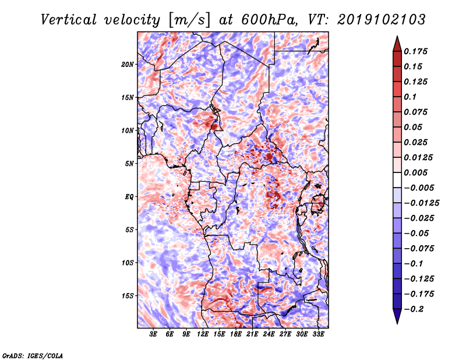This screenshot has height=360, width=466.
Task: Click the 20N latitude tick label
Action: (x=128, y=65)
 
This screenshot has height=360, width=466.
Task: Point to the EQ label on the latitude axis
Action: (x=129, y=197)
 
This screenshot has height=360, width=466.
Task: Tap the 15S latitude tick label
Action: (x=128, y=296)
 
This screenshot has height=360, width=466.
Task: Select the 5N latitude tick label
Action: (x=129, y=164)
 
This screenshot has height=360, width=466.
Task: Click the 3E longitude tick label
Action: (x=153, y=334)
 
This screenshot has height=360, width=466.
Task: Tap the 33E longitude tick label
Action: (x=318, y=334)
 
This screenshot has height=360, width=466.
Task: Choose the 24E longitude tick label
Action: (x=269, y=334)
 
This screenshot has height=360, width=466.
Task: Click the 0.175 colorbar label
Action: (x=415, y=51)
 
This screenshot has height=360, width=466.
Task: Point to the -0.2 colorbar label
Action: (x=414, y=309)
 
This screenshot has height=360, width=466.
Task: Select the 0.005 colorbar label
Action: (x=415, y=172)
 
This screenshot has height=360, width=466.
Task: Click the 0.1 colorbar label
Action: (x=410, y=97)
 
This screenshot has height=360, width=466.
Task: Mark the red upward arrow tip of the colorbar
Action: (x=397, y=36)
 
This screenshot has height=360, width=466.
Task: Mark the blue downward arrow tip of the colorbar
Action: (x=397, y=323)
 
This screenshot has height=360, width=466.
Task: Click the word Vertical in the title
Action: (x=69, y=20)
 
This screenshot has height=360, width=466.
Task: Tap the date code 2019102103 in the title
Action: (x=382, y=20)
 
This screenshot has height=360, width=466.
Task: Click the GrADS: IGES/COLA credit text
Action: (x=33, y=355)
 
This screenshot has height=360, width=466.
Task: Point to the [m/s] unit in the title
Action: (x=190, y=20)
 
